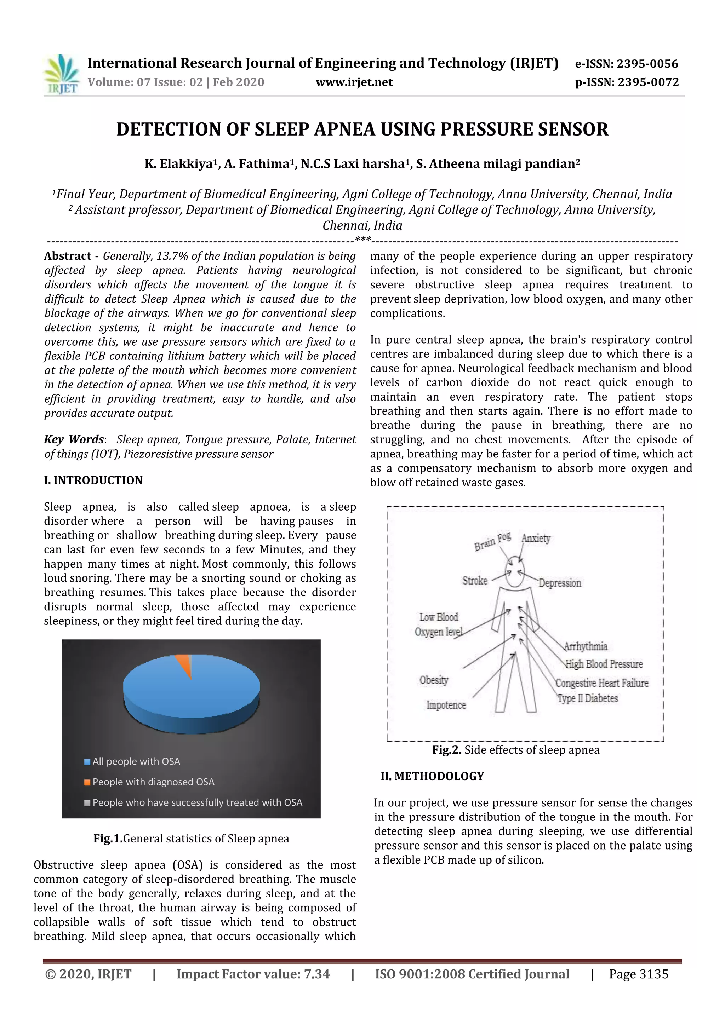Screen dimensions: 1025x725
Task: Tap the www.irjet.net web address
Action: [x=354, y=82]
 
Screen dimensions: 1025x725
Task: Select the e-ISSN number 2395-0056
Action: [x=647, y=64]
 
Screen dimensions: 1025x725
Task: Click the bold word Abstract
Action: [x=68, y=256]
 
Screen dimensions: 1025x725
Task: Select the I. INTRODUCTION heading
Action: [x=93, y=480]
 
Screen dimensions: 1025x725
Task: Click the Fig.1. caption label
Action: [x=108, y=839]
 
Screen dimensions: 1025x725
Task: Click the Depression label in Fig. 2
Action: [x=559, y=583]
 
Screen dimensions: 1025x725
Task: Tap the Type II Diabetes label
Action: [x=587, y=698]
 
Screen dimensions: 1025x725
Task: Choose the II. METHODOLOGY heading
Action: [x=432, y=776]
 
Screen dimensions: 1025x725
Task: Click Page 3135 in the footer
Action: [x=638, y=974]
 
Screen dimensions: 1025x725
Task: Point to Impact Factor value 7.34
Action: [x=253, y=974]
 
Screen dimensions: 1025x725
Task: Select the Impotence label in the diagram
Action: [x=446, y=705]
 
